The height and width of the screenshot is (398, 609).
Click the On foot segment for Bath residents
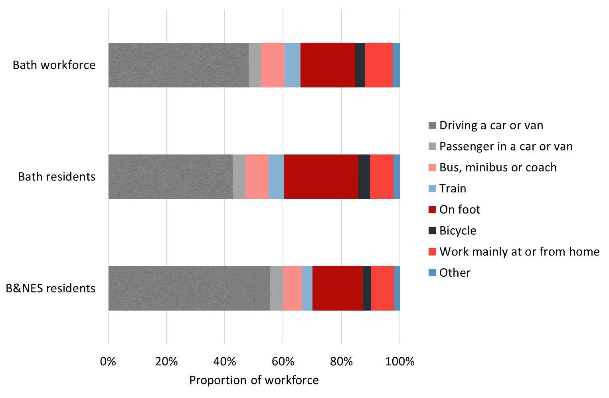321,176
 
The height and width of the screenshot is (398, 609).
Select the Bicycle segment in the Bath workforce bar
360,65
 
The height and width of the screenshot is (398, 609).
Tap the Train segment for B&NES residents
307,288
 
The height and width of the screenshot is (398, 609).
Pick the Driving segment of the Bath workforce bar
178,65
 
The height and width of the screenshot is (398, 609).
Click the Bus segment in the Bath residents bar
257,176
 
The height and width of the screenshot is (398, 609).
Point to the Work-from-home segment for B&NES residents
382,288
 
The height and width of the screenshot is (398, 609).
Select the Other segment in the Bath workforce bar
396,65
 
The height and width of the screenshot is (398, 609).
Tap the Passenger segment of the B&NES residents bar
276,288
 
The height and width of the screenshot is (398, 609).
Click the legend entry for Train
453,188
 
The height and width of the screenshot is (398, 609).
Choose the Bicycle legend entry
458,231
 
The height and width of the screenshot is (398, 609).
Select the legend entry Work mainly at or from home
519,251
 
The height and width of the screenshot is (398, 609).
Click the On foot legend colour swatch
432,210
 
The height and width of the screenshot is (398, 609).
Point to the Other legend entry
455,273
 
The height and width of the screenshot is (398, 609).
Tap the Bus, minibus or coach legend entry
498,167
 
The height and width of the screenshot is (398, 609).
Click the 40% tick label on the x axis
225,362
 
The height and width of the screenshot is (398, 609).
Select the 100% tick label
400,362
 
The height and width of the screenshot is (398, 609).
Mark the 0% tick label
108,362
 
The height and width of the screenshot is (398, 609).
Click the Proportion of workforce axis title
254,380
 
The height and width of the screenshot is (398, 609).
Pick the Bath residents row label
57,176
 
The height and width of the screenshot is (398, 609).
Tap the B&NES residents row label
51,288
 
